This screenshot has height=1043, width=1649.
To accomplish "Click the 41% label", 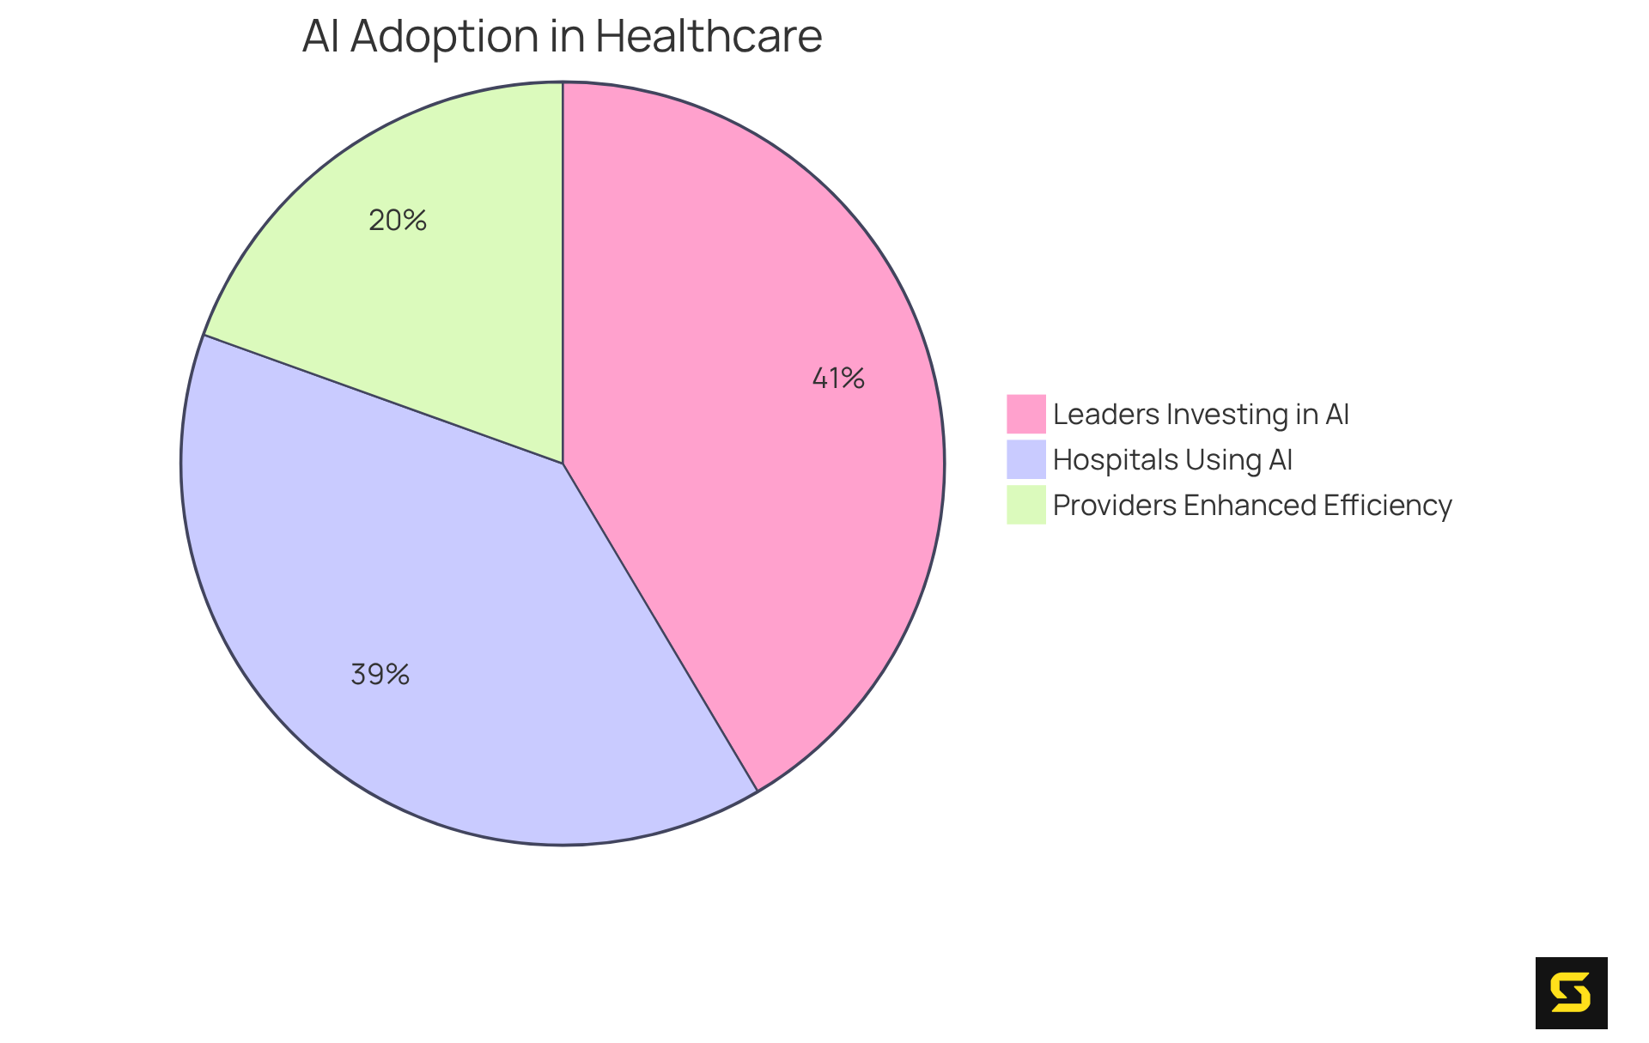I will pos(838,379).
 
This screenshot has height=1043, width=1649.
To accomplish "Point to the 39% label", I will pos(380,675).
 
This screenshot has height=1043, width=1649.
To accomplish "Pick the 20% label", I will pos(398,221).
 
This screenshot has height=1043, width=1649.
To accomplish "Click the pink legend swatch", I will pos(1025,414).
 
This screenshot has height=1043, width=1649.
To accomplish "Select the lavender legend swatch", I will pos(1025,459).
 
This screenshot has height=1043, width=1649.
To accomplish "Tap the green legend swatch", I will pos(1025,505).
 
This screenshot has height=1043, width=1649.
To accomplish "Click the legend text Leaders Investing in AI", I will pos(1201,415).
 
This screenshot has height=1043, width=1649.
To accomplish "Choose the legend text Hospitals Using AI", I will pos(1172,460).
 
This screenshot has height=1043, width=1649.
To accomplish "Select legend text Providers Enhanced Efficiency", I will pos(1251,506).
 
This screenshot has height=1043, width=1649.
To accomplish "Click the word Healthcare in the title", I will pos(709,37).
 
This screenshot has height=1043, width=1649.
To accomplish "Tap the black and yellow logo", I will pos(1571,992).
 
